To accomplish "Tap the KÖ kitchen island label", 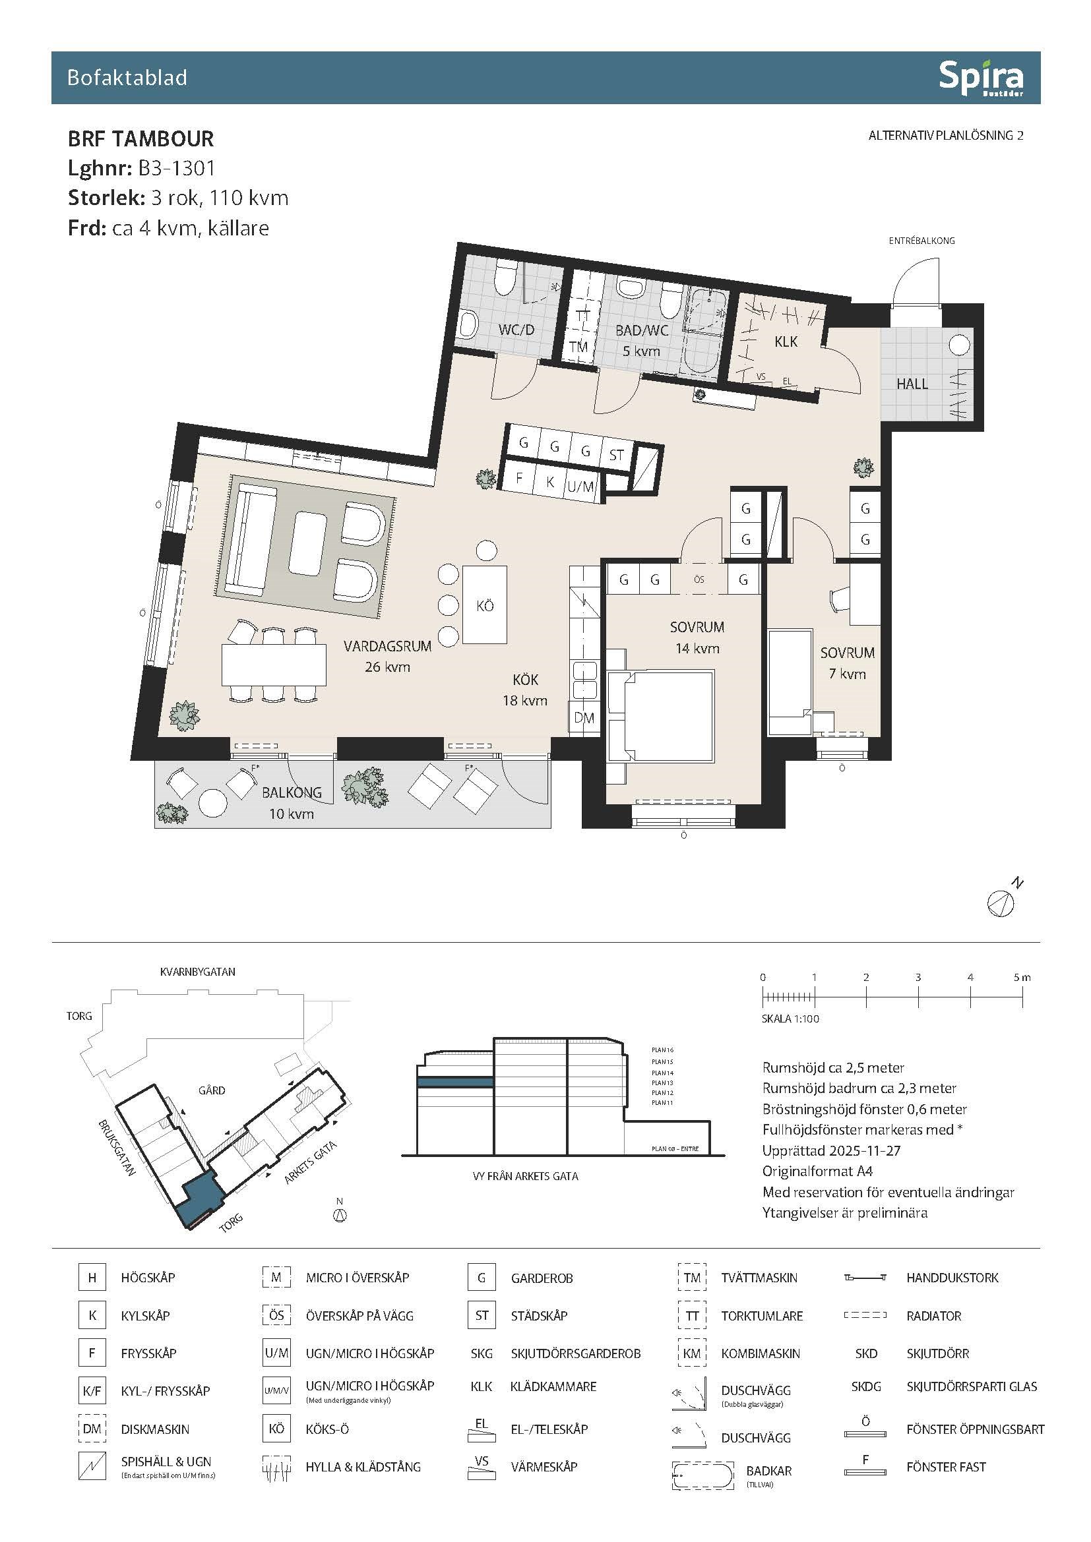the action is pos(485,606).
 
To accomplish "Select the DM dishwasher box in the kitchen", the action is pos(584,718).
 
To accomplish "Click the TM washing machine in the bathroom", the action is pos(578,347).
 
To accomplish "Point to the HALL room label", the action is pos(912,384).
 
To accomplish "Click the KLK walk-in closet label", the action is pos(786,342).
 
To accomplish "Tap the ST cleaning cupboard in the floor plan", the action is pos(616,455).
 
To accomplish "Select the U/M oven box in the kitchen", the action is pos(580,487).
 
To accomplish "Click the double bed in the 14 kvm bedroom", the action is pos(661,716).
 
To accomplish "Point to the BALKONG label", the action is pos(292,792).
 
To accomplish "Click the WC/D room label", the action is pos(516,330).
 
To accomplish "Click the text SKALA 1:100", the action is pos(790,1019).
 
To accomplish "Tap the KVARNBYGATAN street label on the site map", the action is pos(197,972).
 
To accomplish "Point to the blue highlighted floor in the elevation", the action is pos(456,1082).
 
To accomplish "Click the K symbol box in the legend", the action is pos(92,1316).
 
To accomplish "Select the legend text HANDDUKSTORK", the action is pos(952,1278).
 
